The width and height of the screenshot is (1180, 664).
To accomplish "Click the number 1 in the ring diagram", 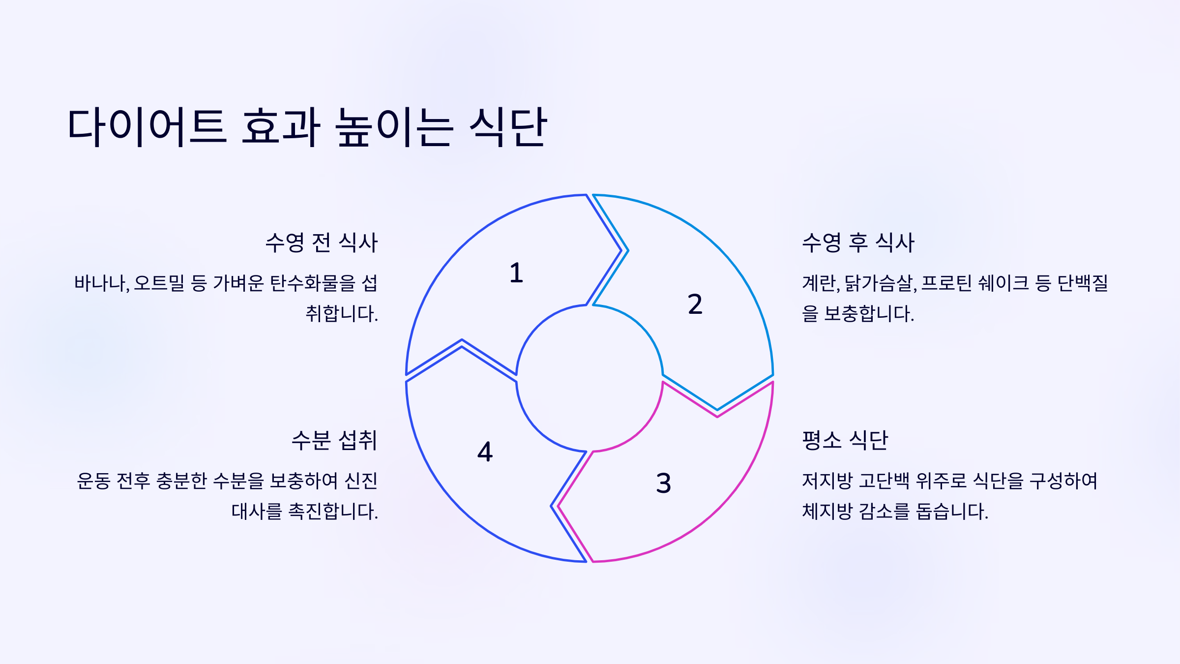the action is click(516, 273).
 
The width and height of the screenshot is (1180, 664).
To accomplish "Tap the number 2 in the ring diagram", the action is click(695, 304).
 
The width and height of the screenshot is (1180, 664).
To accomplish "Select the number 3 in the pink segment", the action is click(663, 483).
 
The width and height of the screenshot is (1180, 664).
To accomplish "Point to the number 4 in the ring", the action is click(485, 452).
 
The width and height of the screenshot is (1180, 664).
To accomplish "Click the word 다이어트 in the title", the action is click(147, 127).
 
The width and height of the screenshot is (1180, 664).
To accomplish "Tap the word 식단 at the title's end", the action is click(508, 127).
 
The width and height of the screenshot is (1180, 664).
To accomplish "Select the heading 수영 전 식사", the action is click(322, 242).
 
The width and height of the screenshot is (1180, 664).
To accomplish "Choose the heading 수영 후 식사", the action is click(858, 242).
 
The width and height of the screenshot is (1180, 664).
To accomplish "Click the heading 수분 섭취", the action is click(334, 440).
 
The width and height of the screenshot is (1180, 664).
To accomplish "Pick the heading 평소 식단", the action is click(845, 440).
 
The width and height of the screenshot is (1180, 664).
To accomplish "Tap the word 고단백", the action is click(884, 481).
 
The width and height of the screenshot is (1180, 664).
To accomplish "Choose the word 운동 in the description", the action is click(93, 481).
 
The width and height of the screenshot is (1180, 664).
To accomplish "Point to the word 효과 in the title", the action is click(281, 127).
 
